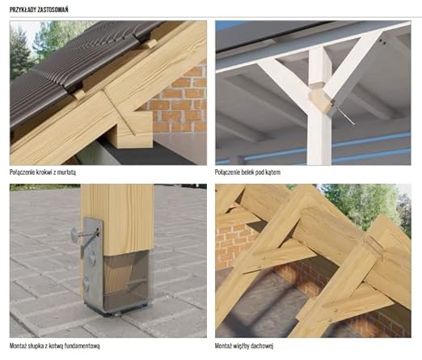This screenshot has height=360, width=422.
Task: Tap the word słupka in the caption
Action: (x=36, y=345)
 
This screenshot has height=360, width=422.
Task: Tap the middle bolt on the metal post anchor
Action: (x=92, y=257)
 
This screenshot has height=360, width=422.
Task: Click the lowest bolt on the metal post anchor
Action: (x=87, y=283)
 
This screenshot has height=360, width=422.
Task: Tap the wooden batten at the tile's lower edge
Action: (x=78, y=95)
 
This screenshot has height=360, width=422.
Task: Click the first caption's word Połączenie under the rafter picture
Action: (x=22, y=172)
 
